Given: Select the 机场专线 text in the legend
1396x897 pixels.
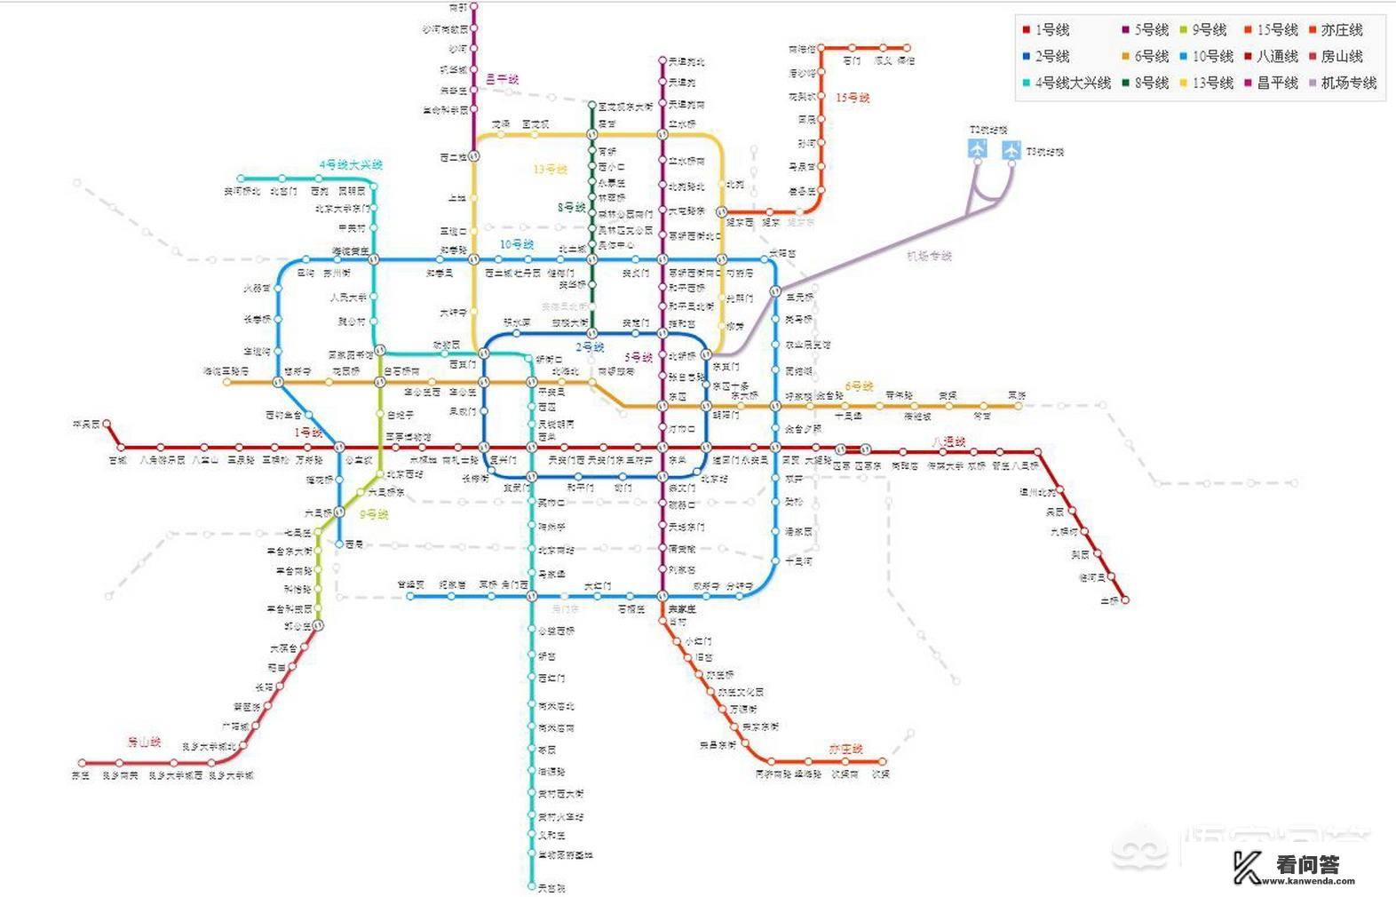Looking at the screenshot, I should [1348, 83].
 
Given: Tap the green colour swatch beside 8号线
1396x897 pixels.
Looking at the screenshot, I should [1126, 83].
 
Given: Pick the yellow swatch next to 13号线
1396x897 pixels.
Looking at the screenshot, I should [1185, 83].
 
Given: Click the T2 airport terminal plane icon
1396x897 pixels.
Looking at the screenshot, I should [978, 149].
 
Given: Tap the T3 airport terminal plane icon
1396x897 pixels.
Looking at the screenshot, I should [1011, 150].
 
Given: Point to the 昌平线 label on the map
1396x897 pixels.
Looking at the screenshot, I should [503, 80].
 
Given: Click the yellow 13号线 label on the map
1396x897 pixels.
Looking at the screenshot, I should [551, 169].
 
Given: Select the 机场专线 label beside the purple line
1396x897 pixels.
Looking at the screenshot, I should [929, 256].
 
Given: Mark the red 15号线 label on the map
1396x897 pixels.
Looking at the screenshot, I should [853, 98].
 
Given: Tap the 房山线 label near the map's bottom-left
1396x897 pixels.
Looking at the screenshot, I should [144, 742].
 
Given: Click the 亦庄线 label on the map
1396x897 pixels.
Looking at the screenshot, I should [845, 750].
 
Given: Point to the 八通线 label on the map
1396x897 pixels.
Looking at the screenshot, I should [948, 441].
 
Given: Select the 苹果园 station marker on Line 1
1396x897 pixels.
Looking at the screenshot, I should [107, 425].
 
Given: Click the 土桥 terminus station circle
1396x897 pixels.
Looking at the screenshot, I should [1125, 600].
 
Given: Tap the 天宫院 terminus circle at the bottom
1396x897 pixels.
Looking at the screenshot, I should [531, 886].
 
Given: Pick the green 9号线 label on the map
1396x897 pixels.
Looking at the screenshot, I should [374, 514].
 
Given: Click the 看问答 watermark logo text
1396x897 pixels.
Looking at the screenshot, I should [1307, 863].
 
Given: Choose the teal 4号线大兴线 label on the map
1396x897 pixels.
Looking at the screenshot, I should [351, 165].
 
